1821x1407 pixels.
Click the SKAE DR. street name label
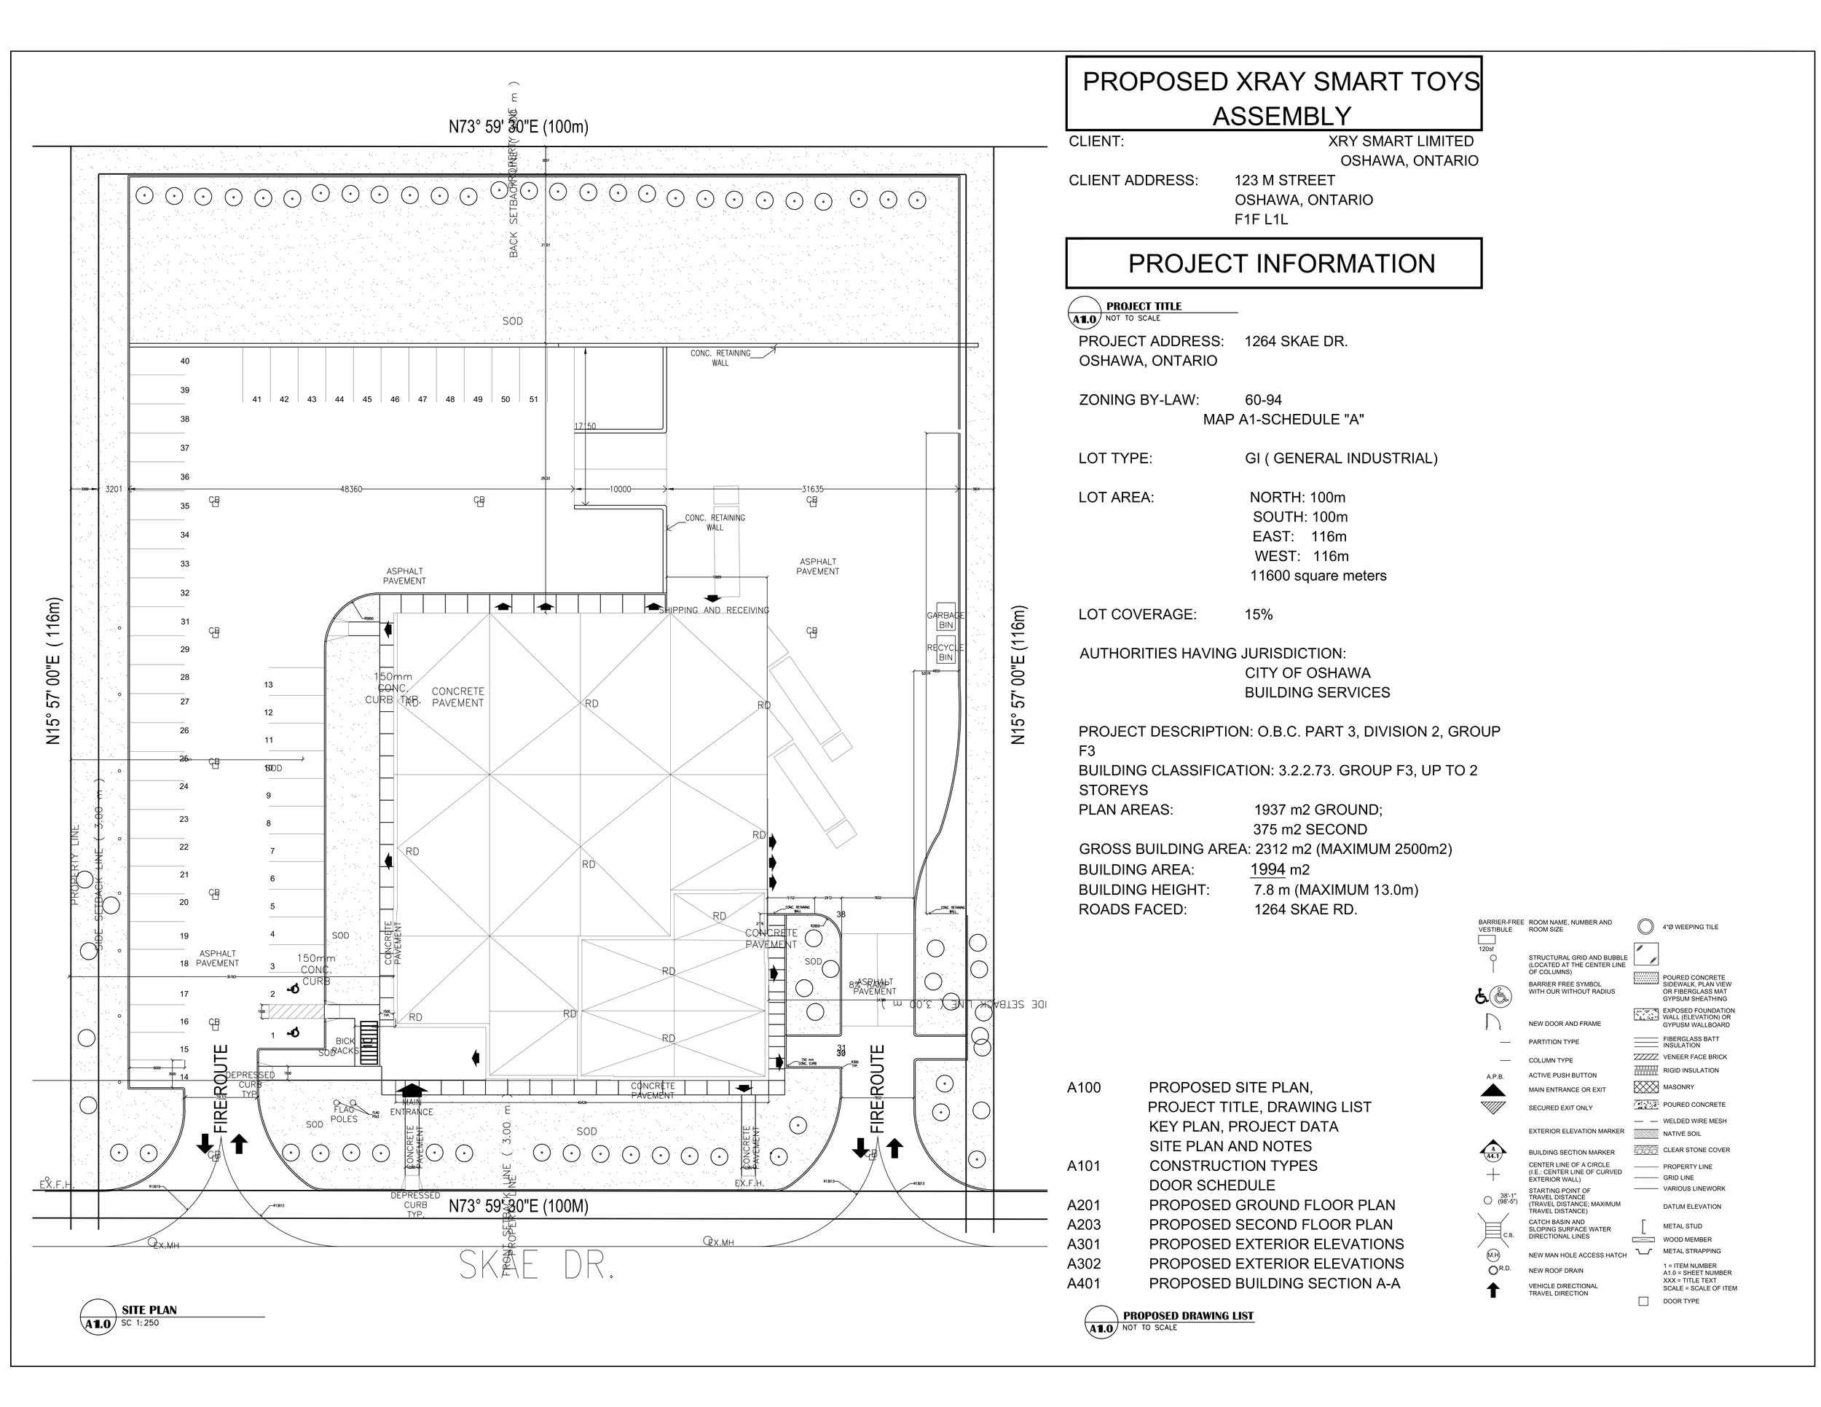[537, 1265]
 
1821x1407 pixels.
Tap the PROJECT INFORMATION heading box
[1273, 264]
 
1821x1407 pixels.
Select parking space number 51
[534, 399]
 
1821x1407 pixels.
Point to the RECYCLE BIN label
[945, 652]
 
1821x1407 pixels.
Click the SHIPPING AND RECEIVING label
[714, 611]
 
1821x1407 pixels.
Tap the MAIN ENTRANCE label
[411, 1107]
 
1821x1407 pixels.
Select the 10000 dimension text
[621, 490]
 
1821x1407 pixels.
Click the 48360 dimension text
[351, 490]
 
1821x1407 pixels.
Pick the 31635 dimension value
[812, 490]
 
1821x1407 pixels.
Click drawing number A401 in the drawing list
[1084, 1284]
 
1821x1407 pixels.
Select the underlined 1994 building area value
[1267, 870]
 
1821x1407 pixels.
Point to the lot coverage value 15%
[1259, 615]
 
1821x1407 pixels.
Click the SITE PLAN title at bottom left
[149, 1310]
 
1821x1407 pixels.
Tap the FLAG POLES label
[344, 1114]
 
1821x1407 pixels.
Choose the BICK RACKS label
[345, 1046]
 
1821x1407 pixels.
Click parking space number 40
[185, 361]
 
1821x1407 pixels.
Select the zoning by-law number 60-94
[1263, 400]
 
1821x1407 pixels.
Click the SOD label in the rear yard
[512, 321]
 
